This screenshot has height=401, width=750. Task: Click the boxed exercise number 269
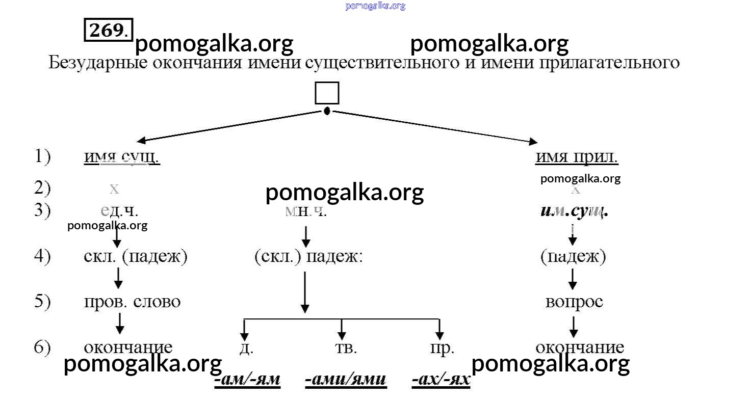point(108,31)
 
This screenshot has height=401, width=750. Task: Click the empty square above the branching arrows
point(327,93)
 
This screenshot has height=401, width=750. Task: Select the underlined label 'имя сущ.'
point(122,157)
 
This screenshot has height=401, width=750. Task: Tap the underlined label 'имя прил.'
point(577,157)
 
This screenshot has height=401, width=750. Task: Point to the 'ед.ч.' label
point(119,210)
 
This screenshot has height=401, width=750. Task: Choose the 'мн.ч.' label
point(306,210)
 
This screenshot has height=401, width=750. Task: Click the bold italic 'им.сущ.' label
point(574,210)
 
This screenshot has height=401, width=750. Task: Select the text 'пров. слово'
point(132,302)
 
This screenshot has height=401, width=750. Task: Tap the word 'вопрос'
point(574,302)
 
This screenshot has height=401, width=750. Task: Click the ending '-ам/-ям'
point(247,380)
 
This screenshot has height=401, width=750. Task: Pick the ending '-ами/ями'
point(346,380)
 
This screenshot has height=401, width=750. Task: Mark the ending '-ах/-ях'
point(441,380)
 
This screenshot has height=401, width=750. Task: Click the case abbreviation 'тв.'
point(346,348)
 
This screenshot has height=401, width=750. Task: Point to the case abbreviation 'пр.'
point(442,348)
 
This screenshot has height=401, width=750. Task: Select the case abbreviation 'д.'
point(246,348)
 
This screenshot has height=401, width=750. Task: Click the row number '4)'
point(42,256)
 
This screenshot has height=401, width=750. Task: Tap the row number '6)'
point(42,347)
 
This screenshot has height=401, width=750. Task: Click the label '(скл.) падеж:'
point(308,257)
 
